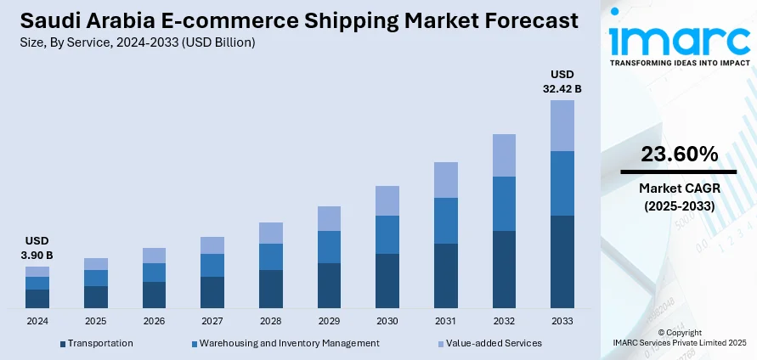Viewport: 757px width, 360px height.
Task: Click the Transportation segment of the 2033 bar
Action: [x=562, y=262]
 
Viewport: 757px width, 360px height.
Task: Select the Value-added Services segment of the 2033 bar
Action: [x=562, y=126]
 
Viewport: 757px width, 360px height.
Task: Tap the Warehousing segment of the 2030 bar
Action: [x=387, y=234]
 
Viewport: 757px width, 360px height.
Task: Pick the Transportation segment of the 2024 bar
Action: [x=37, y=298]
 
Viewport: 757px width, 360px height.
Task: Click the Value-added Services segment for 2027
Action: [x=212, y=245]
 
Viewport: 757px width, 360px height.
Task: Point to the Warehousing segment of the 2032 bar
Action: [x=504, y=204]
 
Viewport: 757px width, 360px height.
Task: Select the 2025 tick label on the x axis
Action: [x=96, y=322]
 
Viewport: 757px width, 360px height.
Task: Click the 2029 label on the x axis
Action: [x=329, y=322]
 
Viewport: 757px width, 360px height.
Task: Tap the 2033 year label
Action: [x=562, y=322]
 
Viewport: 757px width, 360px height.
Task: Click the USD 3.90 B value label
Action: [x=37, y=248]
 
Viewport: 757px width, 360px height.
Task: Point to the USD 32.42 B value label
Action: [x=562, y=81]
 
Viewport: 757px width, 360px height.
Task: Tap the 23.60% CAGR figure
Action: [x=679, y=154]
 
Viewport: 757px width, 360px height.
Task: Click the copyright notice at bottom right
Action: [x=679, y=337]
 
